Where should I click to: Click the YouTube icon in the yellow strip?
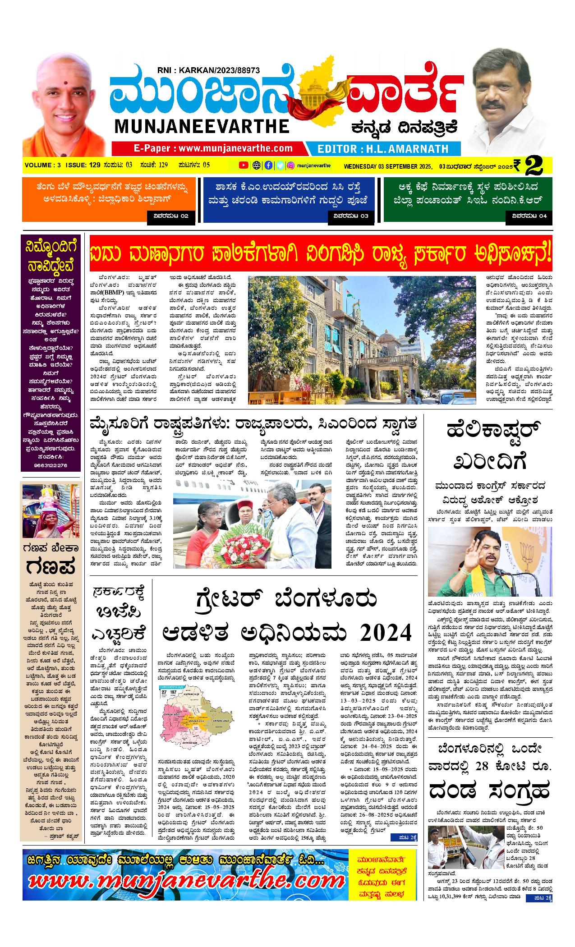coord(243,165)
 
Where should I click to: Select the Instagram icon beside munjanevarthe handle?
coord(291,165)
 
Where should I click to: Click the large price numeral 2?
coord(539,165)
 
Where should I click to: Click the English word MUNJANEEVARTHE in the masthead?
coord(202,126)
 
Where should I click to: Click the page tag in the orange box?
coord(171,216)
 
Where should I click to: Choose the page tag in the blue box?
coord(351,216)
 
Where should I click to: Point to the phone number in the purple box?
coord(50,465)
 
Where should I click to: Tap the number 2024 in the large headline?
coord(386,633)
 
